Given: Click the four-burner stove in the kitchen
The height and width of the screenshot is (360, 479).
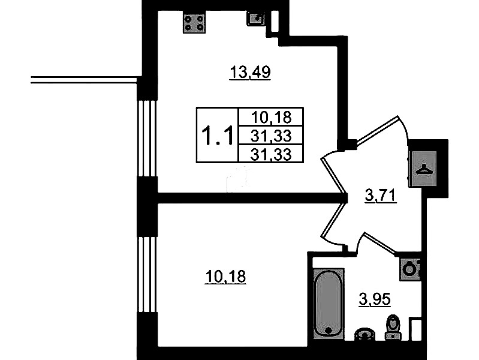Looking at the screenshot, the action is (194, 23).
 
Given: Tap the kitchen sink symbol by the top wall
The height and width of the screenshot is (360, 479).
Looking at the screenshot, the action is (256, 19).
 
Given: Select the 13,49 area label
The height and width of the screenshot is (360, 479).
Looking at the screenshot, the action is (250, 73).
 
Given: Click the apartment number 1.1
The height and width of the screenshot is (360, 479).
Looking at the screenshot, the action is (218, 135).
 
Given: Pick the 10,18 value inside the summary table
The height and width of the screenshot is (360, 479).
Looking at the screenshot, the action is (271, 117).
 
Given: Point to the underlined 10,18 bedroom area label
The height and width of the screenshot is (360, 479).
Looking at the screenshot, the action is (225, 277).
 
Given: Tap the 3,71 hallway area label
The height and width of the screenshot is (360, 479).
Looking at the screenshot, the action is (381, 195).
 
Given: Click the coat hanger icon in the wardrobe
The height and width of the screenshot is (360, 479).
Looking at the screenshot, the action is (424, 169).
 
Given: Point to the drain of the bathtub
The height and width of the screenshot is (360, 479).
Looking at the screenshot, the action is (329, 331).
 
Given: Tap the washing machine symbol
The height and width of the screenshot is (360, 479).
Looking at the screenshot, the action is (409, 269).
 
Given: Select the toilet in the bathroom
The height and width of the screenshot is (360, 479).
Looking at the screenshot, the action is (393, 326).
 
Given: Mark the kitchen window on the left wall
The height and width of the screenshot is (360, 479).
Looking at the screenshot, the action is (147, 138).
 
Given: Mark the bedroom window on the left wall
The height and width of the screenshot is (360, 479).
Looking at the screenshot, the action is (147, 274).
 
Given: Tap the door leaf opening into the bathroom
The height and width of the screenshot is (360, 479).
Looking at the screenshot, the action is (379, 244).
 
